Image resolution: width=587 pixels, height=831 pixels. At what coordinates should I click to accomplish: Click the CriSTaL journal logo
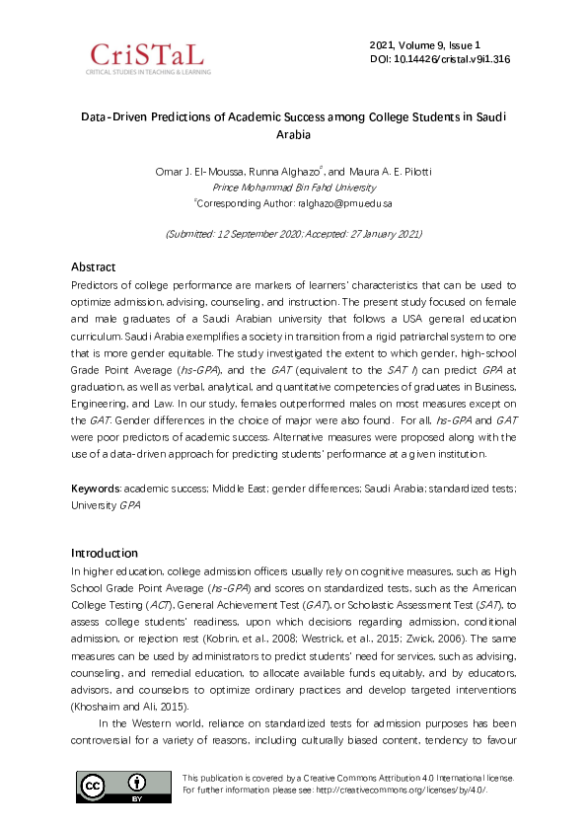pyautogui.click(x=148, y=58)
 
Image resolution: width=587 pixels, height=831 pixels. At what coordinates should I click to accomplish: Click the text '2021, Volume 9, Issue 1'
pyautogui.click(x=424, y=45)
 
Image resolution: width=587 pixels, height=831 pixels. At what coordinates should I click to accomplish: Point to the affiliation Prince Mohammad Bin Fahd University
pyautogui.click(x=294, y=187)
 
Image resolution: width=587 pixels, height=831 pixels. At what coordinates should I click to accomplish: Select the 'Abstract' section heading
pyautogui.click(x=93, y=266)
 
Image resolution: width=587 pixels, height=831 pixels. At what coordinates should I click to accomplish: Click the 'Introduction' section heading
pyautogui.click(x=105, y=553)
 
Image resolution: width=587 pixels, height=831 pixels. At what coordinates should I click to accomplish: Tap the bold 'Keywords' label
pyautogui.click(x=95, y=490)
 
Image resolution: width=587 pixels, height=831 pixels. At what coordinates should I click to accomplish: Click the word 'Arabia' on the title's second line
pyautogui.click(x=293, y=133)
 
